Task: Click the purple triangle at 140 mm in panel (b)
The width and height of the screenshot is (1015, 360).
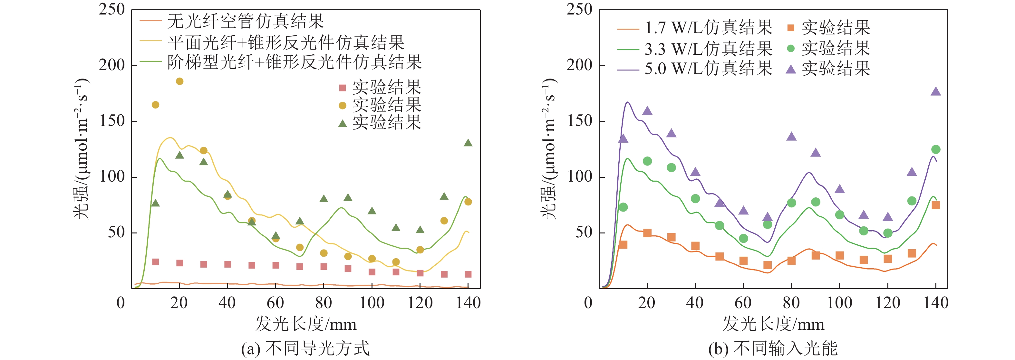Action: tap(936, 92)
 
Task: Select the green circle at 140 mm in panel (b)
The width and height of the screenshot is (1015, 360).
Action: tap(936, 150)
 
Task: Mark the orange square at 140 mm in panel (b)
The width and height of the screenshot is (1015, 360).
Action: tap(936, 205)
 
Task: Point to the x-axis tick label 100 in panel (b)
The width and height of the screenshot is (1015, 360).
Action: tap(840, 303)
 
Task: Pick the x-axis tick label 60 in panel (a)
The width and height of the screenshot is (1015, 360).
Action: tap(275, 303)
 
